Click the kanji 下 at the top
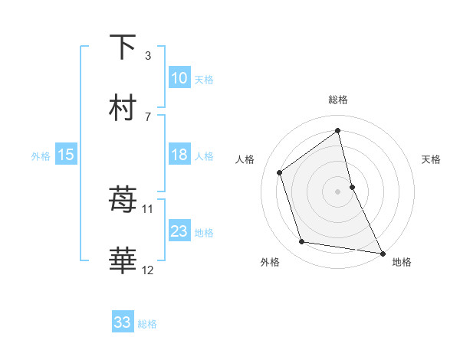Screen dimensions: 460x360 (123, 47)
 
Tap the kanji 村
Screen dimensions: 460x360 (123, 108)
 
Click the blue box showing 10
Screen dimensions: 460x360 (179, 78)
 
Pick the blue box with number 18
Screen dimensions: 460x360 (179, 155)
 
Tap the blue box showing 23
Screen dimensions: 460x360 (179, 231)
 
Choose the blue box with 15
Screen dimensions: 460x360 (66, 155)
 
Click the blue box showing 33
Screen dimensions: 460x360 (123, 322)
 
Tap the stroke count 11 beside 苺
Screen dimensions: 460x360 (148, 208)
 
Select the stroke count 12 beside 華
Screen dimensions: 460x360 (148, 270)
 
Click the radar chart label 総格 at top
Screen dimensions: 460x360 (337, 100)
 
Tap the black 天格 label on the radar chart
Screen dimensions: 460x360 (431, 159)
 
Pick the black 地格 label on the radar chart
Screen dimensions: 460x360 (402, 262)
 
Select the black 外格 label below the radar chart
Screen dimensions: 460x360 (270, 262)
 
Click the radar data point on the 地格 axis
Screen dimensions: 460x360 (382, 253)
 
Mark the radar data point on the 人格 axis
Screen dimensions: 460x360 (279, 172)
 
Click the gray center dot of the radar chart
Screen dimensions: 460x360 (337, 191)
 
